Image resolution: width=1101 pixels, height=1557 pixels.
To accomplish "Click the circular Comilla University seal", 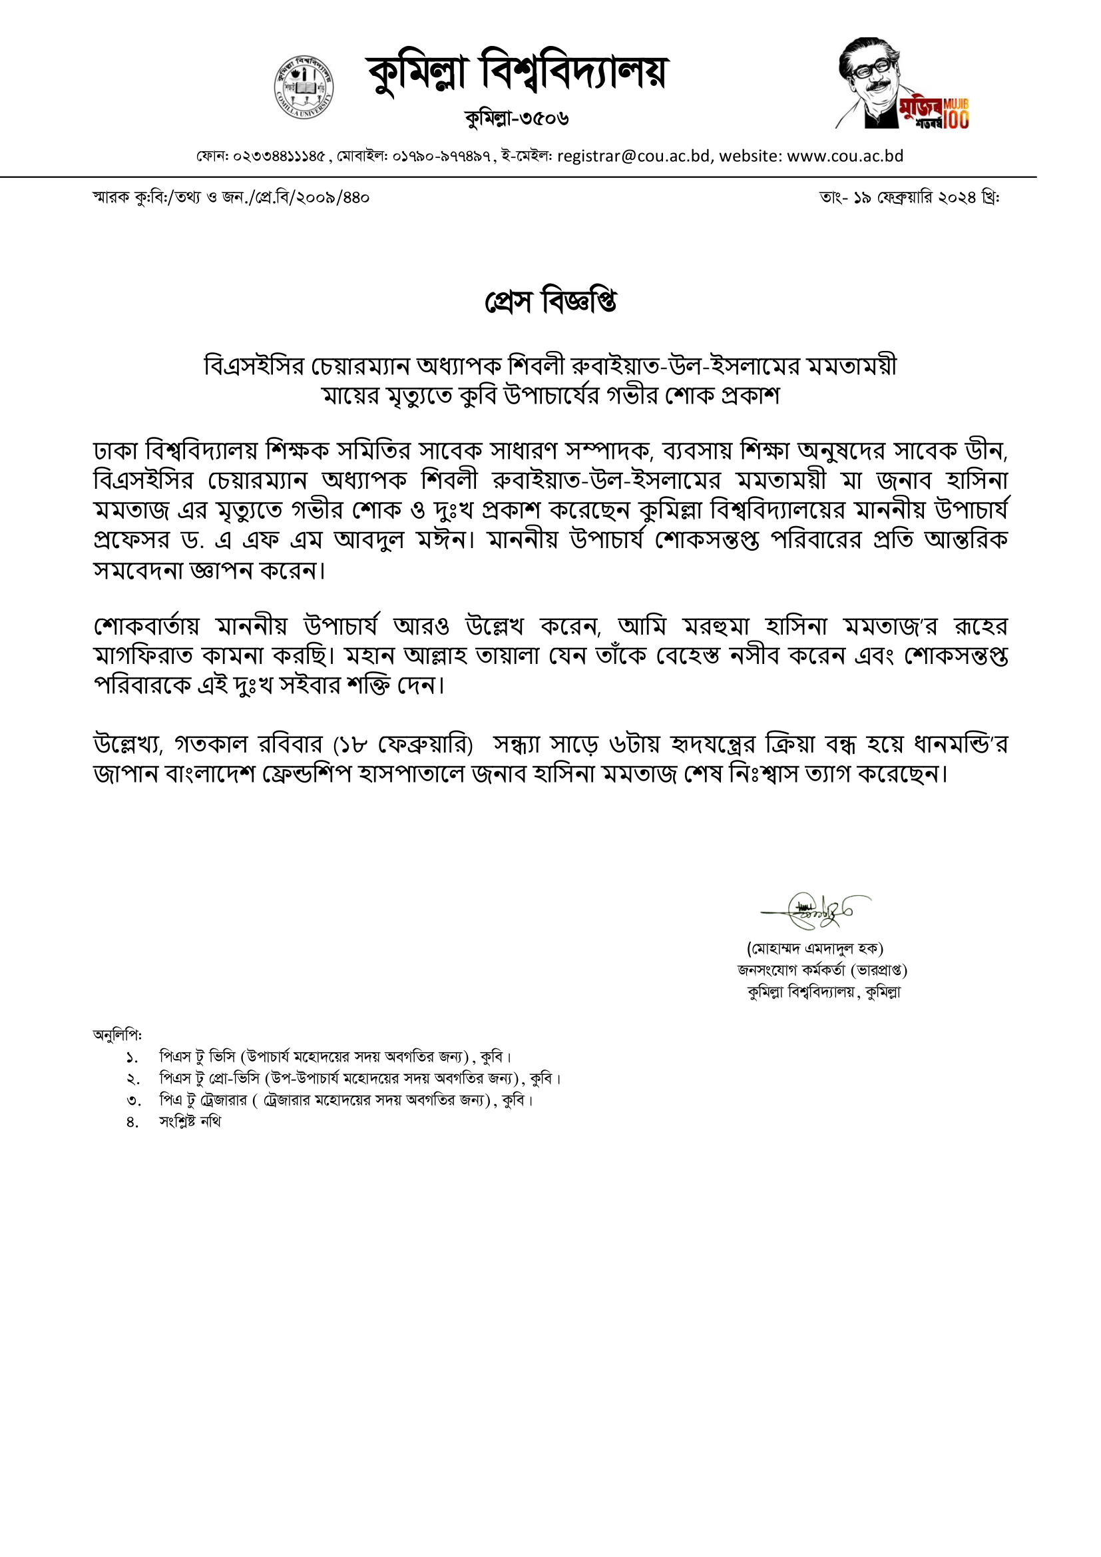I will click(304, 87).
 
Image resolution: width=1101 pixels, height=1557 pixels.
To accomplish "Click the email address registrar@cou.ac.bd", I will click(634, 156).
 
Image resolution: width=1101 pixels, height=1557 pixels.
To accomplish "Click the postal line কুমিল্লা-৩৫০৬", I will click(517, 119).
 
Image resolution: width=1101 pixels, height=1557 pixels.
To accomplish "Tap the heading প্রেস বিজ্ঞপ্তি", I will click(550, 302).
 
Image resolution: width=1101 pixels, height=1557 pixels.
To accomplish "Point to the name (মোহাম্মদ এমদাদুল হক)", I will click(815, 948).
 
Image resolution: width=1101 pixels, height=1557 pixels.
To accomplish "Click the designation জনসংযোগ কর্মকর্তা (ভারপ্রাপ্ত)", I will click(822, 970).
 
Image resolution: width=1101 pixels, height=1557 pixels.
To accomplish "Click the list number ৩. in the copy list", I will click(133, 1101).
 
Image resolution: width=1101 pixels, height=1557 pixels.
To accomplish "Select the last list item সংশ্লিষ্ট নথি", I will click(190, 1122).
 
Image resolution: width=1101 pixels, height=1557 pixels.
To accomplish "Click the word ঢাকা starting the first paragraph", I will click(116, 451).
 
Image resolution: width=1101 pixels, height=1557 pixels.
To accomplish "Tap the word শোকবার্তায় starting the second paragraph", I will click(146, 626).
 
